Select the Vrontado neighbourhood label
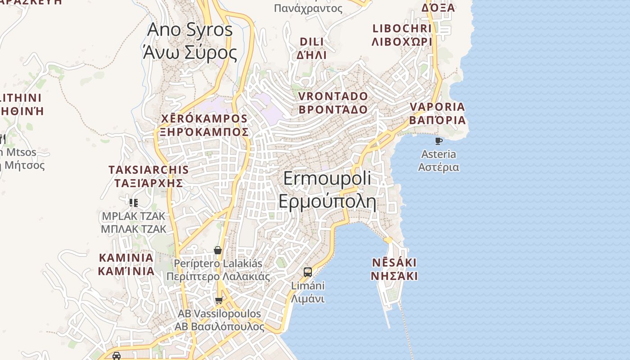333,103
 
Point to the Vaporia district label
437,113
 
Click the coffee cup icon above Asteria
439,141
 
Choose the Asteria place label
439,161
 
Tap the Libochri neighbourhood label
402,35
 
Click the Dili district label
311,48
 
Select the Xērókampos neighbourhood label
205,125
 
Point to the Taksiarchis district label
148,176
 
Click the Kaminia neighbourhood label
126,265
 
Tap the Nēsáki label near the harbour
394,269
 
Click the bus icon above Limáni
308,272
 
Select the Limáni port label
308,292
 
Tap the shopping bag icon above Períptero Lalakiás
218,250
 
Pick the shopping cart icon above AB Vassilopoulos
219,300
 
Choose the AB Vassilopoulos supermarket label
220,320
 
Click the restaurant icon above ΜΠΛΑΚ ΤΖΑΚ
133,202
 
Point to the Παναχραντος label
308,8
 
